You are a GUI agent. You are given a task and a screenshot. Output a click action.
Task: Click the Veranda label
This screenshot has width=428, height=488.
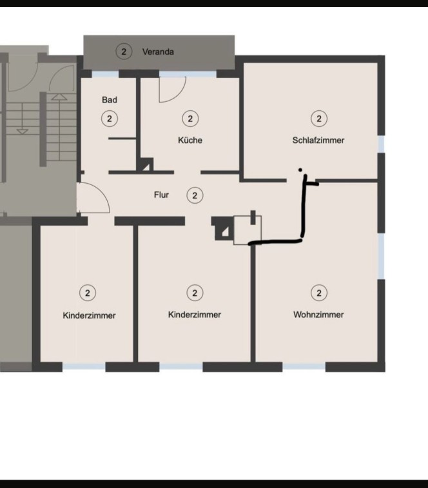point(158,52)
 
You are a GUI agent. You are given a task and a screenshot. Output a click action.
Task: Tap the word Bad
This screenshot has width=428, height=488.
point(110,100)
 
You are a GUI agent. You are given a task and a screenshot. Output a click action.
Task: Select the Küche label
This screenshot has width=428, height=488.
point(190,140)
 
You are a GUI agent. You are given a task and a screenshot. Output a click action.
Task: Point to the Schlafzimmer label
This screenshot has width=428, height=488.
point(318,141)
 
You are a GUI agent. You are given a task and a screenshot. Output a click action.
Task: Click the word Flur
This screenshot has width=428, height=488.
point(161,195)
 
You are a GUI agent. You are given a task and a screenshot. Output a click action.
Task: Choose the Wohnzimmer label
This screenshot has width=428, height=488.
point(318,315)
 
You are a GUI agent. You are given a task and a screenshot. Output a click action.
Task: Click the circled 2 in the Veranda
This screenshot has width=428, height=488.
point(124,52)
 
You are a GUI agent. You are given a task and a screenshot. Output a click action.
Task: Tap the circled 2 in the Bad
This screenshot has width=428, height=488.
point(110,119)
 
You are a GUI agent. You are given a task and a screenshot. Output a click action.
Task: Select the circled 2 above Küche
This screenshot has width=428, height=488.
point(190,119)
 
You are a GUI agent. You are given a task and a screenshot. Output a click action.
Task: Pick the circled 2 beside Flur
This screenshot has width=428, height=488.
point(195,195)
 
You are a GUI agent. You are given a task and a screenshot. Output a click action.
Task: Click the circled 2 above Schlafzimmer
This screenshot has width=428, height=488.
point(319,119)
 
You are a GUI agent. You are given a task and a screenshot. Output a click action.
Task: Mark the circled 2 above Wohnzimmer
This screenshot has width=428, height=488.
point(319,293)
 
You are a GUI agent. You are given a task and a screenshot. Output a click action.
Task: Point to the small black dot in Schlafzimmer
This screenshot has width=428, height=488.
point(300,170)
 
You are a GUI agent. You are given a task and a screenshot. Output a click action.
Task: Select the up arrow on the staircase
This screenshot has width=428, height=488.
point(59,97)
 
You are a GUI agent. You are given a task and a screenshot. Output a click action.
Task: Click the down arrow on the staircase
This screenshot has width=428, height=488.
point(22,132)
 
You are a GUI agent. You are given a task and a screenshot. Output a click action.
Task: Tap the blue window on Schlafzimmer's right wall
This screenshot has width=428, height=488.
point(382,144)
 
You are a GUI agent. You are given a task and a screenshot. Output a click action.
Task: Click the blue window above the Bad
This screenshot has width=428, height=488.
point(105,74)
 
